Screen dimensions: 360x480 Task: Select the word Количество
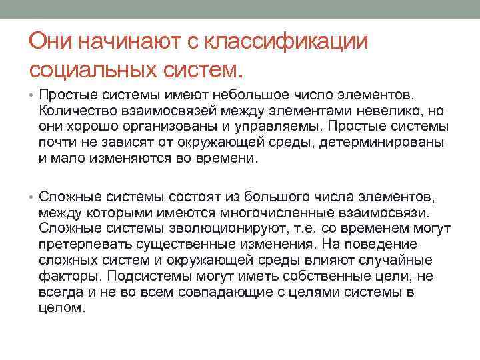[73, 111]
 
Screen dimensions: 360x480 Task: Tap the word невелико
[384, 111]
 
